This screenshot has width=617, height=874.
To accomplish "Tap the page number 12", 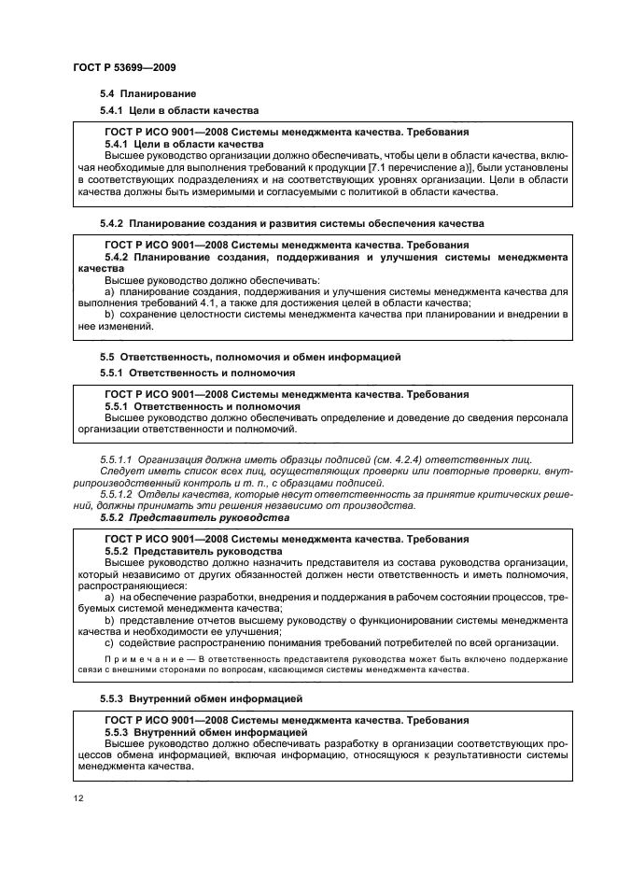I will click(78, 798).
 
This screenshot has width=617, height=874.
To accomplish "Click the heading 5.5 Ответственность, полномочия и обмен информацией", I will click(250, 357).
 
